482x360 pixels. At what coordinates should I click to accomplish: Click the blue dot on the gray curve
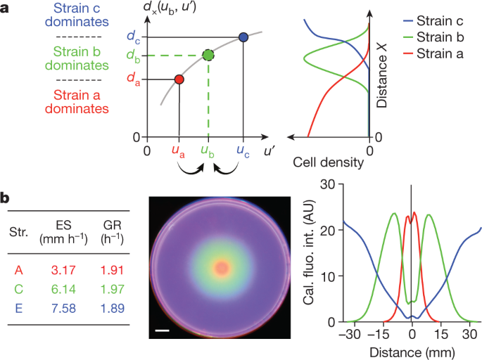pyautogui.click(x=243, y=37)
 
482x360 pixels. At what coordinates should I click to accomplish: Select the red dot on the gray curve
pyautogui.click(x=179, y=79)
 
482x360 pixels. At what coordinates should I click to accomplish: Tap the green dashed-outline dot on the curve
pyautogui.click(x=208, y=55)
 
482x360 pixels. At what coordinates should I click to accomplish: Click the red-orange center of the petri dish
pyautogui.click(x=222, y=268)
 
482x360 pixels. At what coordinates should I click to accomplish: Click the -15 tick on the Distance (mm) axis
pyautogui.click(x=377, y=335)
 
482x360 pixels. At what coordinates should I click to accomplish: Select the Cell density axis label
pyautogui.click(x=329, y=163)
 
